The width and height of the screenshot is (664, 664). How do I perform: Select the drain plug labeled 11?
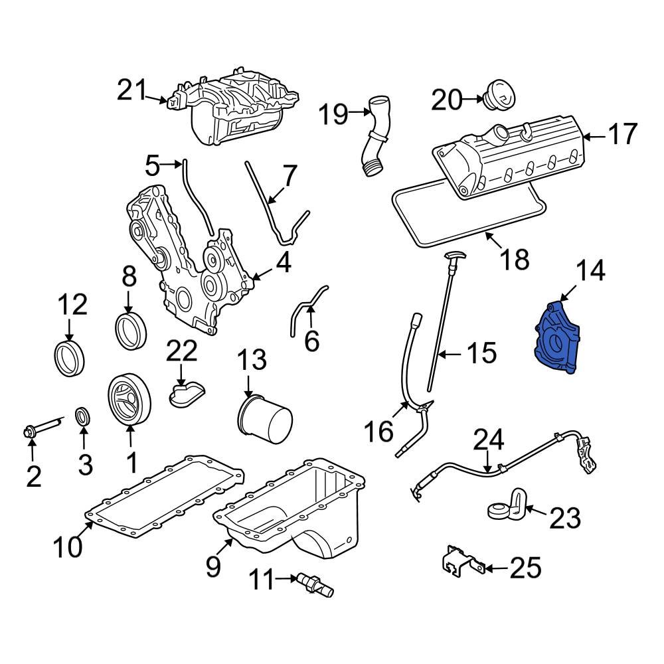(313, 583)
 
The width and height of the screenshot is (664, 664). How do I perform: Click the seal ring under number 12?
(69, 357)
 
